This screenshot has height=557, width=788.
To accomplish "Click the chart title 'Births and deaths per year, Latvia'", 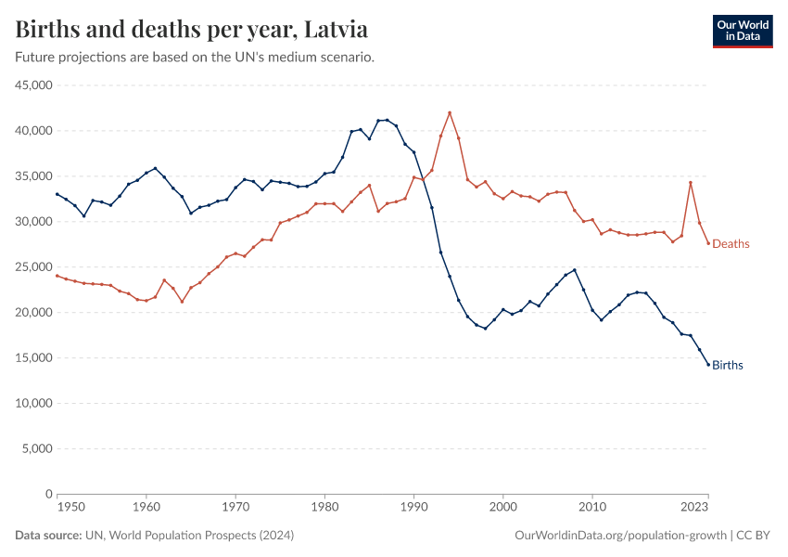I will pos(192,30).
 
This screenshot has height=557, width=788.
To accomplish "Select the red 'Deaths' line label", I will pos(731,244).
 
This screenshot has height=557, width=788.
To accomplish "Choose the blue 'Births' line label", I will pos(728,365).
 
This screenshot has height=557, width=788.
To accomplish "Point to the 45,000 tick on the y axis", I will pos(32,85).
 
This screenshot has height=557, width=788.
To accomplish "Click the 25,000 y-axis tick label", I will pos(32,267).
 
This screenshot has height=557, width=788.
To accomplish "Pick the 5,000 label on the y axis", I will pos(35,449).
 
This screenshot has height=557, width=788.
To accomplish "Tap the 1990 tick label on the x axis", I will pos(413,508).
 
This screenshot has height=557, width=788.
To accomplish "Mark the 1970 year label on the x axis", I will pos(235,508).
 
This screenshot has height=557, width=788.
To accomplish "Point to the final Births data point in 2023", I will pos(708,365).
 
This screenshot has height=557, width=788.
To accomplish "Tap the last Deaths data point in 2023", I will pos(708,243).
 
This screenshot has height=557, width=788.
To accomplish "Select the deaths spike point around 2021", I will pos(691,182).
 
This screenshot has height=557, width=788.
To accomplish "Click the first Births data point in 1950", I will pos(57,194).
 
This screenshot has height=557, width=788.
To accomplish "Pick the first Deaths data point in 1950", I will pos(57,276).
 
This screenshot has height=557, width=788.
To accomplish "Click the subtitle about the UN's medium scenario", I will pos(195,58).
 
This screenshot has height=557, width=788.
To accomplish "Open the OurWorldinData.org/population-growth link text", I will pos(619,536).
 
